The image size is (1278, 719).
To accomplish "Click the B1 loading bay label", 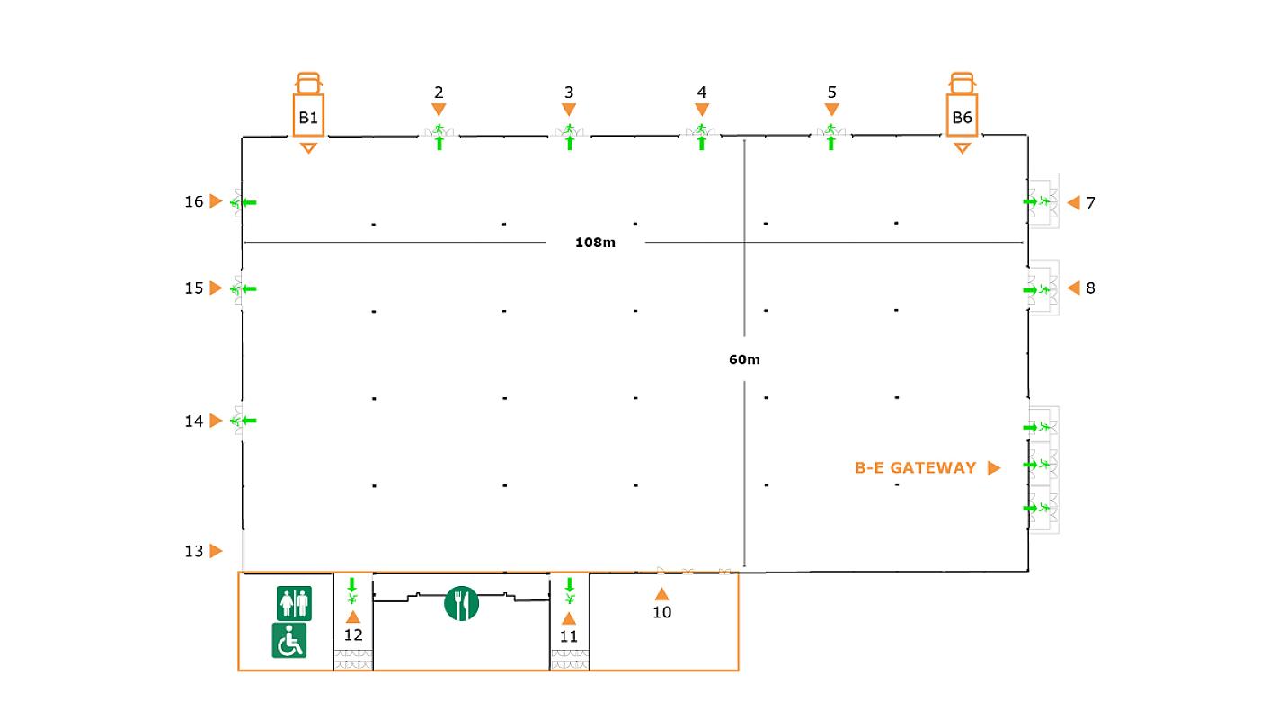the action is [308, 118].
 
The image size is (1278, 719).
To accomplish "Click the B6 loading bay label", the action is [962, 118].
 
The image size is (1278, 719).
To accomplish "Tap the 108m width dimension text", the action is [595, 243].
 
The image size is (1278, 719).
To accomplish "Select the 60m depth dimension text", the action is [744, 359].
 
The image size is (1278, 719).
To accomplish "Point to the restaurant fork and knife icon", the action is [461, 603].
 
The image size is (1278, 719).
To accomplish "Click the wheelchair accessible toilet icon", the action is [289, 640].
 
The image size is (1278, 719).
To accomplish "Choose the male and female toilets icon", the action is [295, 603].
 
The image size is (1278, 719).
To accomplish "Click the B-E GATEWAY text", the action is [915, 468].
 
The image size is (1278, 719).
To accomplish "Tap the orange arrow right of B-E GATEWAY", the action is [994, 468].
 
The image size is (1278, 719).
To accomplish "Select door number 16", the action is [193, 201].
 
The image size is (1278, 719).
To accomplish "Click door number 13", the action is [193, 551].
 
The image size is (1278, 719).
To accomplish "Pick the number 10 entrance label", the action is [661, 612].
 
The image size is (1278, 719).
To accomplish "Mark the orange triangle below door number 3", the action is [569, 110].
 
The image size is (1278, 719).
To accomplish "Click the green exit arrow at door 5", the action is [831, 143].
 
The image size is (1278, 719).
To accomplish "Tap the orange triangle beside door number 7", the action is [1074, 202].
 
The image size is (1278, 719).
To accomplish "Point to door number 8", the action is [1090, 288].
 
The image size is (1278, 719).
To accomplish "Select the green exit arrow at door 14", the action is [249, 421].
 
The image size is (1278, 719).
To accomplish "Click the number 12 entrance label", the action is [353, 635].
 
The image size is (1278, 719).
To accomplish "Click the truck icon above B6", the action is [962, 84].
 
